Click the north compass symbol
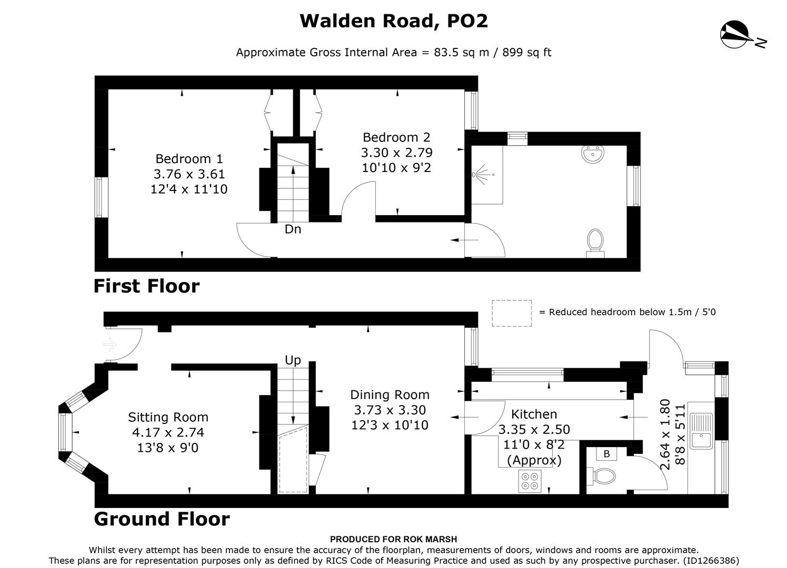tap(735, 34)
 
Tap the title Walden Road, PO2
tap(394, 21)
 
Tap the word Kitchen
tap(534, 414)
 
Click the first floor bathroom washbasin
tap(593, 155)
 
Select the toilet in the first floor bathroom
tap(595, 242)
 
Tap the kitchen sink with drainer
tap(701, 430)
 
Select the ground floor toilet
tap(603, 476)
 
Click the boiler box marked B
tap(606, 454)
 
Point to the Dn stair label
tap(293, 229)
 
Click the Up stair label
tap(293, 360)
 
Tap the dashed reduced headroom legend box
tap(512, 313)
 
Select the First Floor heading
tap(146, 286)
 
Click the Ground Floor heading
tap(162, 519)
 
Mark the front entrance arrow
tap(110, 345)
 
